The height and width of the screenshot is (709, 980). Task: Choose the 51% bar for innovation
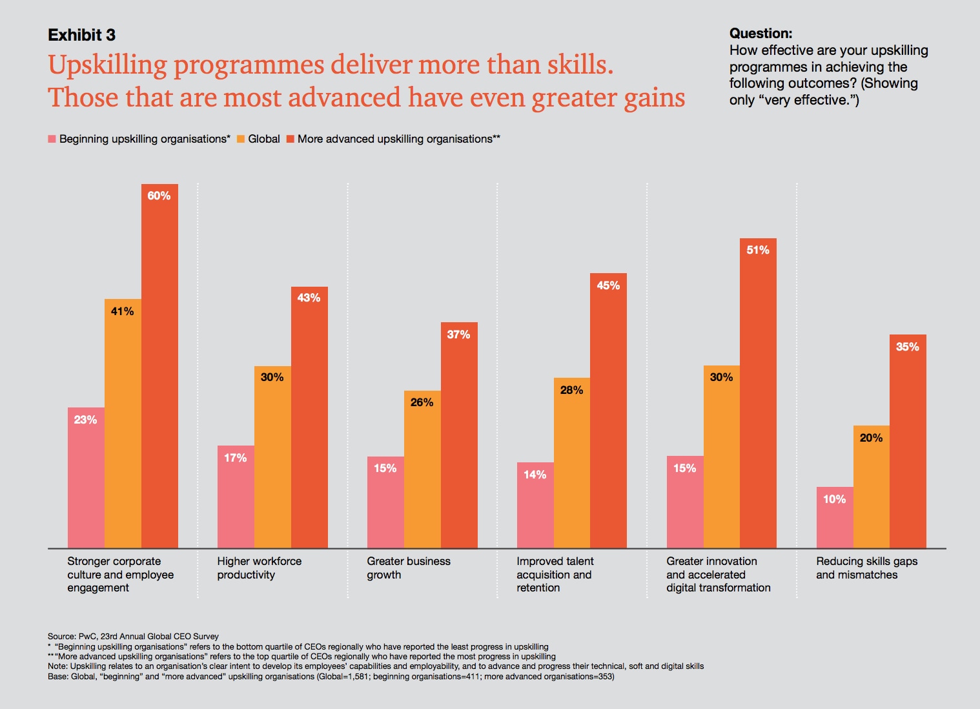758,393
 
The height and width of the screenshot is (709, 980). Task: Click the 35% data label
907,347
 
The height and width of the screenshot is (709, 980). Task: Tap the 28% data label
571,390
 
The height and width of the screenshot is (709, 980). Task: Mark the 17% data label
235,458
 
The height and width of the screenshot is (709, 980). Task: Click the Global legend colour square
241,139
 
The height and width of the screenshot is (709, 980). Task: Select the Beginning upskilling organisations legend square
52,139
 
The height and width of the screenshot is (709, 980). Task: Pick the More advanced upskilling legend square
291,139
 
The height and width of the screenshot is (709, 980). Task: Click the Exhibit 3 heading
81,35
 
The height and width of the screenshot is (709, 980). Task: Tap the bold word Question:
761,34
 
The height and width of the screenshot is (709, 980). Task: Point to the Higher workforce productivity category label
259,568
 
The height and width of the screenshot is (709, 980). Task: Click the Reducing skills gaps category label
866,568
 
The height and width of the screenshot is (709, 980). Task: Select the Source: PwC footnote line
133,636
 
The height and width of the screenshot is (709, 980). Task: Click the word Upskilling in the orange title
107,65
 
